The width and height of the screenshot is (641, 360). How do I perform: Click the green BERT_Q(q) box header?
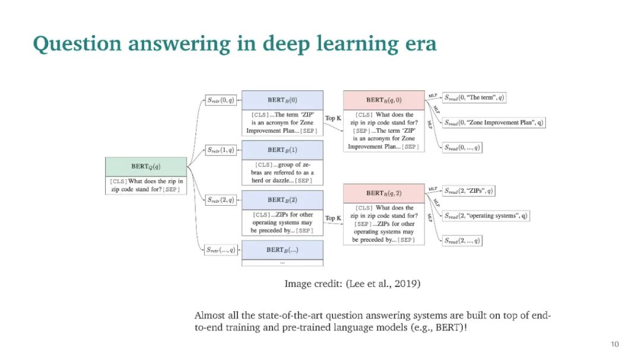click(145, 167)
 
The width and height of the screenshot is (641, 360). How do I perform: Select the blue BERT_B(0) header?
click(282, 100)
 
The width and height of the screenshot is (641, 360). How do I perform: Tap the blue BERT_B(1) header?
click(282, 150)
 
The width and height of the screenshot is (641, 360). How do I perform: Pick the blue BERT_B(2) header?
click(282, 200)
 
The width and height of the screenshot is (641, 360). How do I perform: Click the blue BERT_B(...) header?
click(282, 250)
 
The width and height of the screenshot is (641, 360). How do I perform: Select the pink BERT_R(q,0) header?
click(384, 100)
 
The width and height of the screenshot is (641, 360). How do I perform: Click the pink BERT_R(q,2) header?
click(384, 193)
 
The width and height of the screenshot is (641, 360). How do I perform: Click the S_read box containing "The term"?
click(475, 98)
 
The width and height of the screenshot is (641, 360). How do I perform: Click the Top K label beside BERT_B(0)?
click(333, 119)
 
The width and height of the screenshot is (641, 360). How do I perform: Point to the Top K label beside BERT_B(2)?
click(333, 218)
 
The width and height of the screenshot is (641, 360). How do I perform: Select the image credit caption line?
click(353, 284)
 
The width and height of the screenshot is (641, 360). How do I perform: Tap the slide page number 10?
click(615, 345)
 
